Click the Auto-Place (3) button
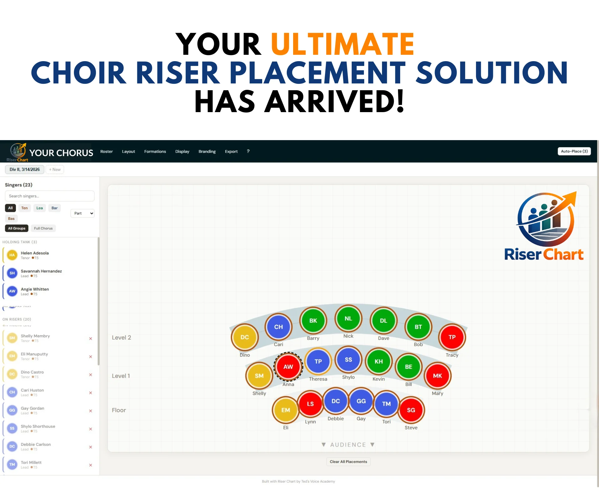pos(574,151)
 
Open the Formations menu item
pos(155,152)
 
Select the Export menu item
pos(231,152)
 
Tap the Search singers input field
pos(50,196)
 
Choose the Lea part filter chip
pos(40,208)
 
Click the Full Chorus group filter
pos(43,228)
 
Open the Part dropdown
pos(83,213)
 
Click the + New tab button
pos(55,169)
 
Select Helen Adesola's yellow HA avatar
pos(12,255)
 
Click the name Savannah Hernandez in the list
pos(41,271)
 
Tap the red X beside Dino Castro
pos(90,375)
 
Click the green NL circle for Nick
pos(348,319)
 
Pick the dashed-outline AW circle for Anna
pos(288,367)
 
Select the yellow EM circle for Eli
pos(285,410)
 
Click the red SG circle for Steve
pos(411,410)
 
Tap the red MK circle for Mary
pos(437,376)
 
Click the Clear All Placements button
pos(348,462)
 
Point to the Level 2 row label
pos(121,338)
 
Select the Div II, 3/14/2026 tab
pos(25,169)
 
